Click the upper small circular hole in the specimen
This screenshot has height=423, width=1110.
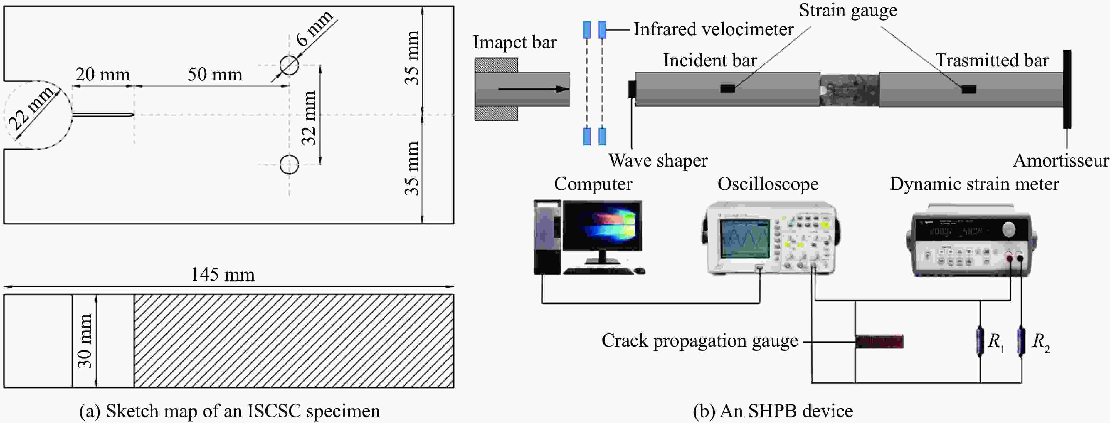[289, 65]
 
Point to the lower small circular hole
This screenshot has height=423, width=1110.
[289, 164]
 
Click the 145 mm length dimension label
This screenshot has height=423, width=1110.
[223, 275]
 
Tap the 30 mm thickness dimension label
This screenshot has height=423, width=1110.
[85, 341]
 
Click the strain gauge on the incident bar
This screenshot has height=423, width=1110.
[728, 89]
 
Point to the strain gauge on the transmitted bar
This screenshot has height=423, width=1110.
[969, 89]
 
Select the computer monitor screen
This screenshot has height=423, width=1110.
[602, 226]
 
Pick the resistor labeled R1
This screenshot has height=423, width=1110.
[980, 342]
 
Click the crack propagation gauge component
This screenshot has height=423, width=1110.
[879, 342]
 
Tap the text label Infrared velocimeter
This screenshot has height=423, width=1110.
[713, 29]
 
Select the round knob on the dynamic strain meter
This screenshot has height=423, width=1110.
[1009, 229]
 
